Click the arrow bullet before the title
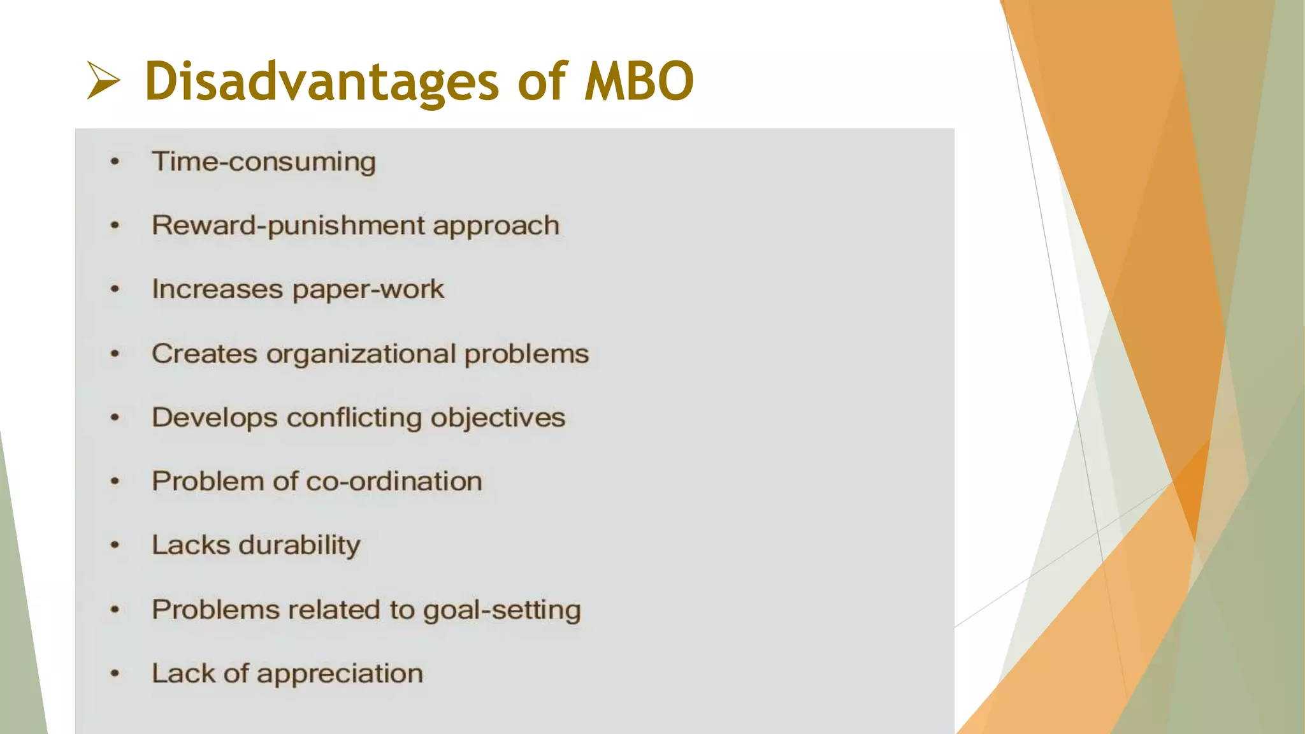(x=103, y=81)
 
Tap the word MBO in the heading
(x=639, y=82)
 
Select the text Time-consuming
(x=263, y=162)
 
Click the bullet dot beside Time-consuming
(x=115, y=162)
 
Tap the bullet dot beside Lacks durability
(x=115, y=545)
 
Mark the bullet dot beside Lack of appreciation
(x=115, y=673)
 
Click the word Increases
(x=217, y=290)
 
